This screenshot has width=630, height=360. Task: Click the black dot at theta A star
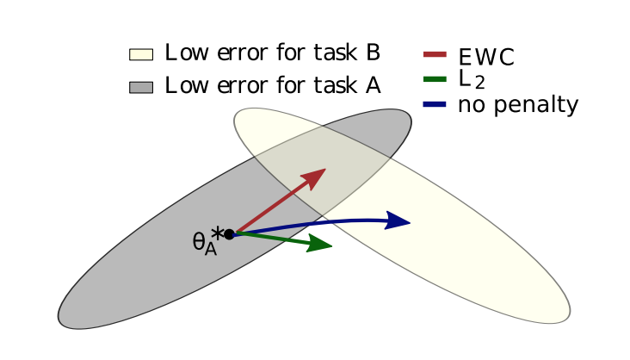pyautogui.click(x=229, y=233)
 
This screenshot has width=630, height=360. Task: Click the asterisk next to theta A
pyautogui.click(x=218, y=232)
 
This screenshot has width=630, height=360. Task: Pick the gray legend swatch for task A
pyautogui.click(x=140, y=87)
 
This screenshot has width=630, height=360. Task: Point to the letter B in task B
pyautogui.click(x=373, y=53)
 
